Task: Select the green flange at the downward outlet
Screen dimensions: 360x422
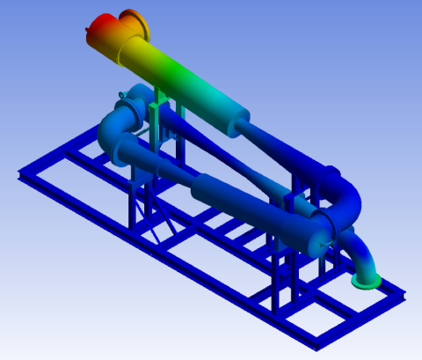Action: [366, 280]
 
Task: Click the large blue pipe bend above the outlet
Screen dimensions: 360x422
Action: [345, 206]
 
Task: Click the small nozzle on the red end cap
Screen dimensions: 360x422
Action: [87, 32]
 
